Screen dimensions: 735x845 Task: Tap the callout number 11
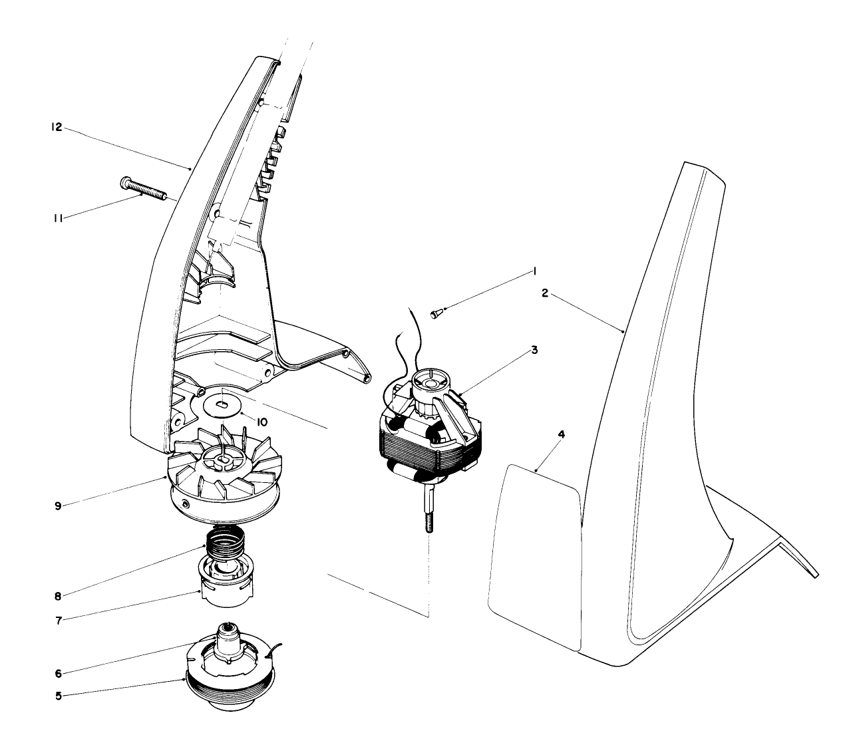coord(58,218)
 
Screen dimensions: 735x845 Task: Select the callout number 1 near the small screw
coord(533,271)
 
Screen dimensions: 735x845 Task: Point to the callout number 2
coord(544,293)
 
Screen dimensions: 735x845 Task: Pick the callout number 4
coord(561,434)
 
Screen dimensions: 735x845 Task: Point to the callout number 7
coord(59,621)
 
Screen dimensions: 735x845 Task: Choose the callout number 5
coord(59,696)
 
